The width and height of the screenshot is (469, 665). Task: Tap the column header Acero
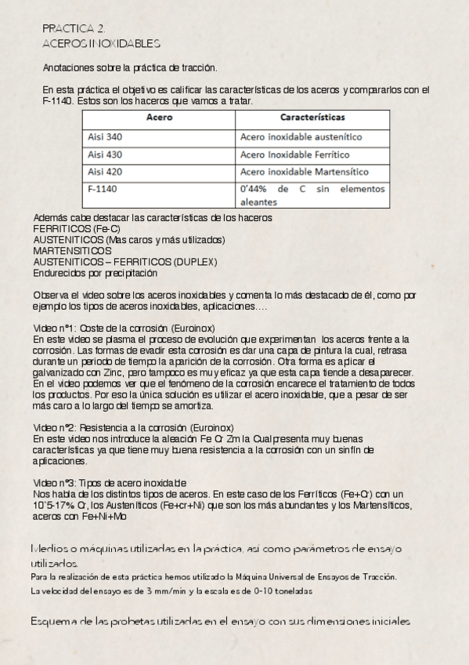coord(159,118)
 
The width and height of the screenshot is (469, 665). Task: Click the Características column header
coord(312,118)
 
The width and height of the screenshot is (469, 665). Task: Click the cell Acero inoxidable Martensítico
coord(304,172)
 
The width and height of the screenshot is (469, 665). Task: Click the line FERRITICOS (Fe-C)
coord(71,228)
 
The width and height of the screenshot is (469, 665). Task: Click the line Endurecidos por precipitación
coord(95,273)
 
